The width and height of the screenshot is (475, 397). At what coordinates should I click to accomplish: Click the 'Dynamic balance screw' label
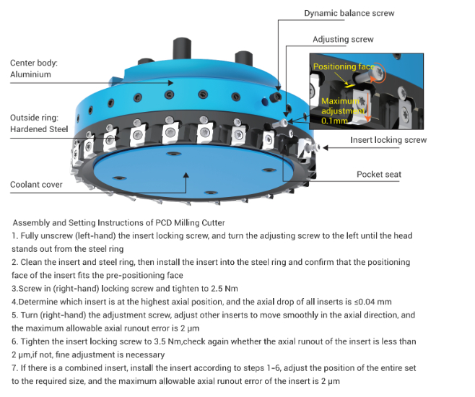tap(349, 13)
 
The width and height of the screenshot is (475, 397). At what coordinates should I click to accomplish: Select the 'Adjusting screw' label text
tap(342, 39)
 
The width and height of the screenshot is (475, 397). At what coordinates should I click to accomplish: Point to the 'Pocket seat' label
tap(379, 175)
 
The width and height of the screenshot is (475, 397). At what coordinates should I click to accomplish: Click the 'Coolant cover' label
tap(36, 185)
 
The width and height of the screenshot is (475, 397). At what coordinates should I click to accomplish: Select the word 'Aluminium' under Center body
tap(30, 74)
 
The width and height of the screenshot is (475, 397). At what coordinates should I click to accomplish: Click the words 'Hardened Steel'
tap(39, 129)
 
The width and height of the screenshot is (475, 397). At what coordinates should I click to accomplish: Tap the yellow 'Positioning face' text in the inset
tap(344, 67)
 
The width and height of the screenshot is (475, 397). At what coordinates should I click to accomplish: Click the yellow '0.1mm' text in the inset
tap(332, 121)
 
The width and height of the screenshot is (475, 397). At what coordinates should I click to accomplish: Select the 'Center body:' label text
tap(33, 63)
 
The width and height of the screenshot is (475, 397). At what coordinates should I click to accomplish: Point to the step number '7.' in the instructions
tap(16, 367)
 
